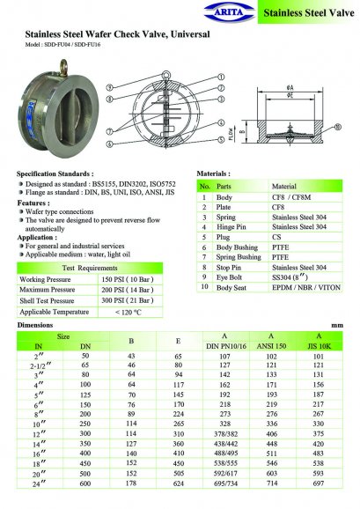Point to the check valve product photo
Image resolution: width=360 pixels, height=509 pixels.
click(54, 110)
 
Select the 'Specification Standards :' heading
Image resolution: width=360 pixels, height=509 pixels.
click(55, 175)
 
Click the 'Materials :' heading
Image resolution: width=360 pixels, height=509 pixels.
click(213, 174)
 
